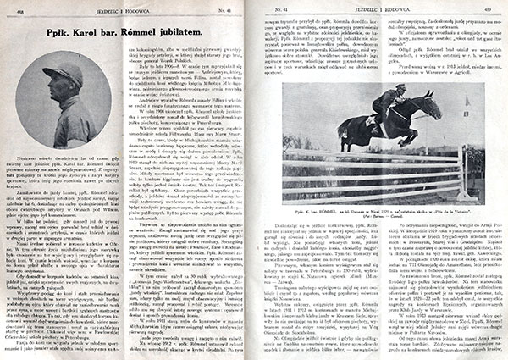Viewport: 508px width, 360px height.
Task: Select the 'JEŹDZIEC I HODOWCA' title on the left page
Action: (124, 8)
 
